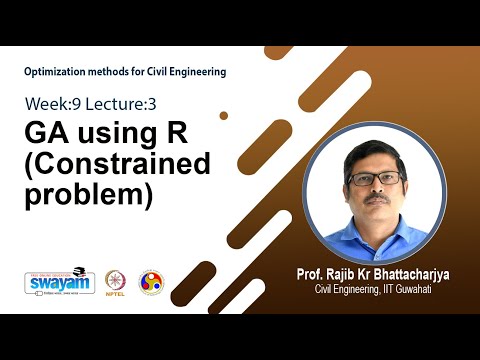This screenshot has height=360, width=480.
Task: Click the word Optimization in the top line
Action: (x=56, y=71)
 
